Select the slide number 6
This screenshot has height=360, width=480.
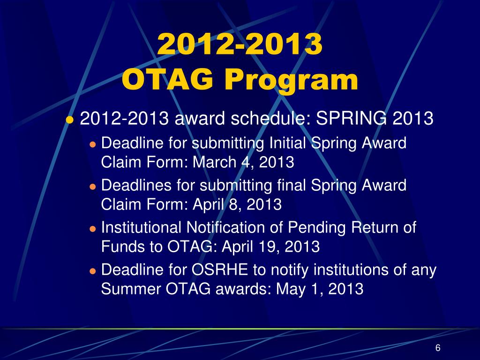point(438,348)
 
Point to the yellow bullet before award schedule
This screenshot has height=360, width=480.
point(70,120)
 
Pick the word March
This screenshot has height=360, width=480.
point(214,162)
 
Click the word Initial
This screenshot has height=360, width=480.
point(287,142)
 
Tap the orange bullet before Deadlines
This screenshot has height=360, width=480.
point(93,187)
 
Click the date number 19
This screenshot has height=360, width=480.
point(272,247)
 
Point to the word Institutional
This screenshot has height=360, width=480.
point(141,227)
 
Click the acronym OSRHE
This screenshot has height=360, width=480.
point(219,270)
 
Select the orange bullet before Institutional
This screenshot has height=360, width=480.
point(93,229)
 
